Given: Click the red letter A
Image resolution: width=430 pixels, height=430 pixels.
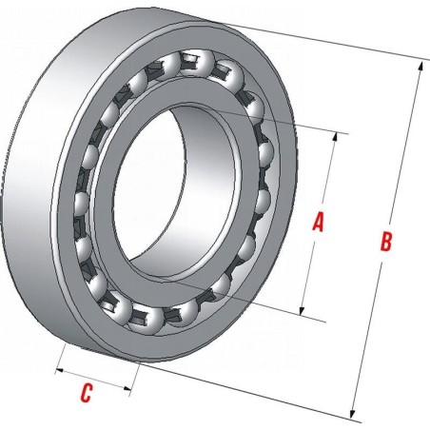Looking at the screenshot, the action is [x=319, y=223].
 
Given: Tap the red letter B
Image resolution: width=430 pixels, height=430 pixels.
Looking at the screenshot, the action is [x=386, y=242].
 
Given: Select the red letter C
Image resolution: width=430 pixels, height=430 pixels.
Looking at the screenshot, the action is [x=87, y=393].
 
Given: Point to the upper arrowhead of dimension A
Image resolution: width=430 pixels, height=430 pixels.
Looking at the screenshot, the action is [x=335, y=137].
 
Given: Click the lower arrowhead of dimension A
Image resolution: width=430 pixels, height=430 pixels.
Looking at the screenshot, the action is [x=303, y=311].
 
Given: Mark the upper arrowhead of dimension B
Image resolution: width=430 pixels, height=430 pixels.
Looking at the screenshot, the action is [x=420, y=67].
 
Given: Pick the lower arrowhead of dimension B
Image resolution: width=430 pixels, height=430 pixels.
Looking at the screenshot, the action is [x=352, y=414].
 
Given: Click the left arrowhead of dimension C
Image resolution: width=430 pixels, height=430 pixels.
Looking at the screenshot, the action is [x=60, y=371].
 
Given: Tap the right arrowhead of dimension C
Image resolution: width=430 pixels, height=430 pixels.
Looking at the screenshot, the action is [x=127, y=388].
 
